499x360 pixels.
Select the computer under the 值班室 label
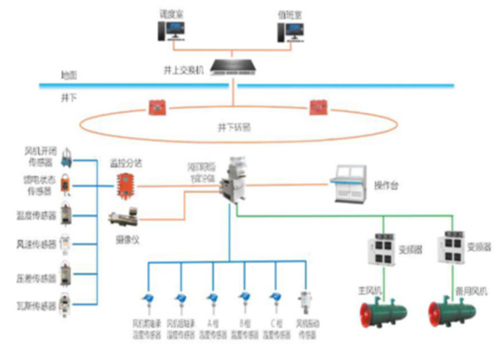294,32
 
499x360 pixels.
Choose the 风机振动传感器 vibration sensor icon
306,300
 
